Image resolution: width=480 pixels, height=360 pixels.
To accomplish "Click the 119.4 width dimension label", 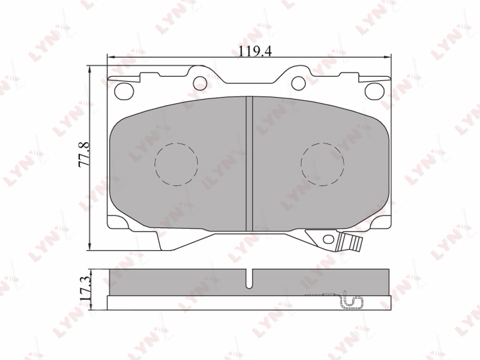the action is tap(255, 51).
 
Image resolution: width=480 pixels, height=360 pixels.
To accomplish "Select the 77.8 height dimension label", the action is tap(84, 155).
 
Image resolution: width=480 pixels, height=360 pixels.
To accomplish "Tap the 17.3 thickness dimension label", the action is tap(85, 288).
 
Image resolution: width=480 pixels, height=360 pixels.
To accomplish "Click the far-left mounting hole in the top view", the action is tap(124, 91).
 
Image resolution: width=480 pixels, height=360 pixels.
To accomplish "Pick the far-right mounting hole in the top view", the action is tap(374, 91).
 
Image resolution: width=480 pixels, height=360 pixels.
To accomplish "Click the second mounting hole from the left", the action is tap(200, 83).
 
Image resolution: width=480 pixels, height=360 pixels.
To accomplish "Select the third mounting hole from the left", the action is tap(298, 83).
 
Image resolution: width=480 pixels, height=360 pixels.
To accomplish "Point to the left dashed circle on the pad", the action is tap(176, 164).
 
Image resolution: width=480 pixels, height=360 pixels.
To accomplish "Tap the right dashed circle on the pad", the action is tap(322, 164).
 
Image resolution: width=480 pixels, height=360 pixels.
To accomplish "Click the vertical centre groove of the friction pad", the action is tap(249, 164).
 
